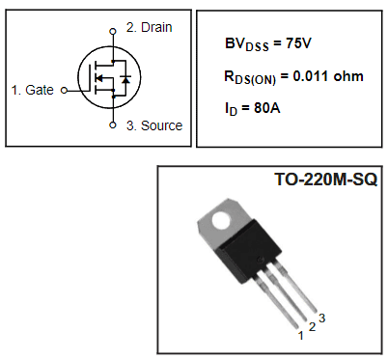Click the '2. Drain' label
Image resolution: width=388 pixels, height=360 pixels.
click(150, 28)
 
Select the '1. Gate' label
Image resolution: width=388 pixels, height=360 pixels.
click(33, 90)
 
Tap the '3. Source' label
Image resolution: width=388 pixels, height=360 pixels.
click(153, 125)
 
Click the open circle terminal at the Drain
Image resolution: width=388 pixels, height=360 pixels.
click(113, 31)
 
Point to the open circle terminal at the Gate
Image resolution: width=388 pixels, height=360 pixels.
click(64, 90)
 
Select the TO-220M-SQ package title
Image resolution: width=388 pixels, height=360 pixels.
click(326, 180)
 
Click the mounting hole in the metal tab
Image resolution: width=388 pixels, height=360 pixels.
click(221, 220)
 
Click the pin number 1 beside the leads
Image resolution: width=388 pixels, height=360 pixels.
click(301, 334)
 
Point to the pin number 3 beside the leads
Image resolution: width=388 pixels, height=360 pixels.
click(322, 318)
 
